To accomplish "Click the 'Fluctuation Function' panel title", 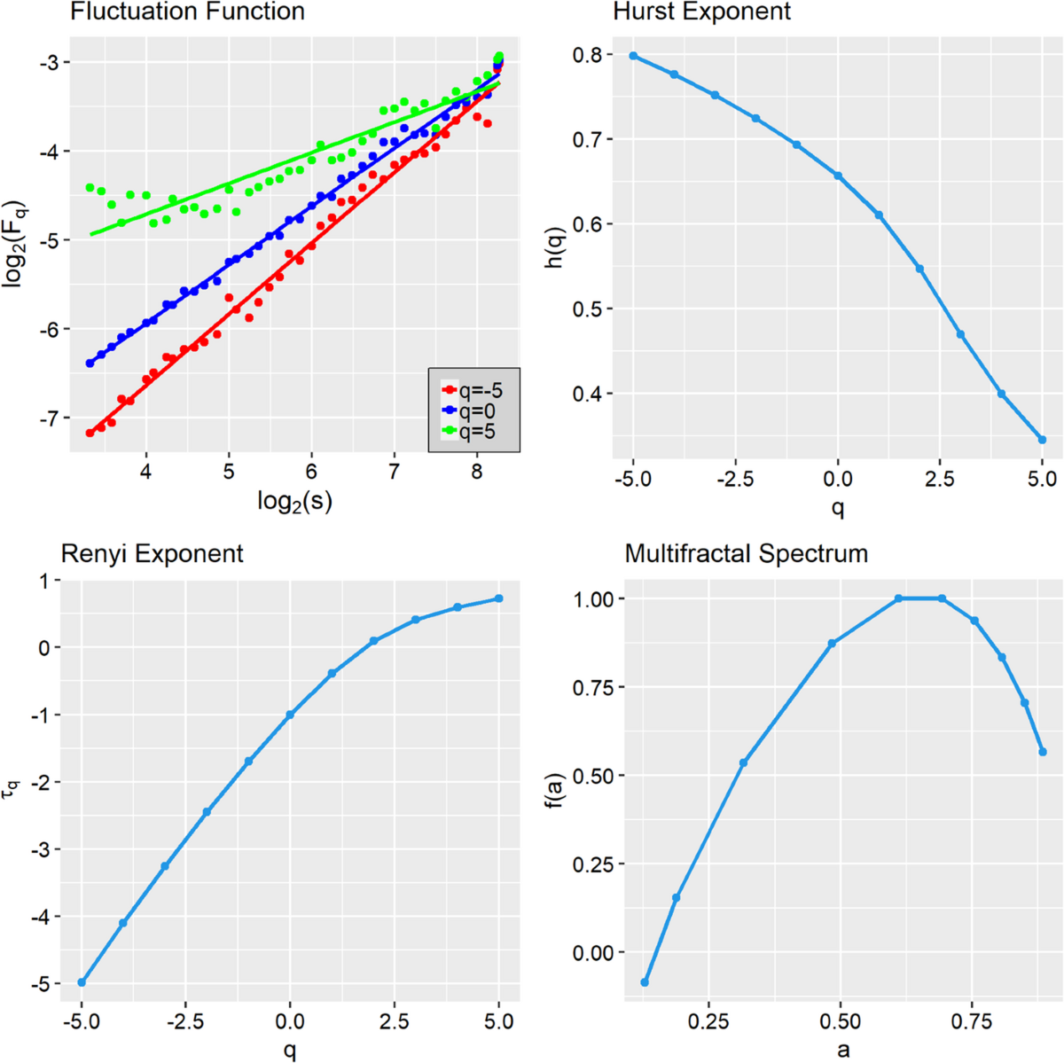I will (x=187, y=12).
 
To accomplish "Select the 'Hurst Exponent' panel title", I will (x=701, y=12).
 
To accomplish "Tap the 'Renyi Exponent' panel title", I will (x=152, y=554).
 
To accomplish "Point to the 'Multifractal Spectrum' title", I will (x=746, y=554).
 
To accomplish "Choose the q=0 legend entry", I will (x=471, y=410).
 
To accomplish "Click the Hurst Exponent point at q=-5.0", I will (x=633, y=56).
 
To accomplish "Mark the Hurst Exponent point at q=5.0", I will (x=1042, y=440).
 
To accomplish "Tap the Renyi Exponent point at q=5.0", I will (x=499, y=598).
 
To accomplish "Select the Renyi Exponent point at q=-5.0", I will (x=82, y=982).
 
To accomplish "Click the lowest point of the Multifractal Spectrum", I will (x=645, y=982).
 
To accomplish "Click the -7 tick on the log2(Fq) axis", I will (x=48, y=418).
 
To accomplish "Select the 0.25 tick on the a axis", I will (x=708, y=1022).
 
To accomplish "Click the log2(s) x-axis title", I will (x=294, y=502).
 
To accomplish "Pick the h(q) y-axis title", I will (x=557, y=248).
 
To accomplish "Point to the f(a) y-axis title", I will (x=557, y=793).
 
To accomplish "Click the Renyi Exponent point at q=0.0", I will (x=290, y=715).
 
